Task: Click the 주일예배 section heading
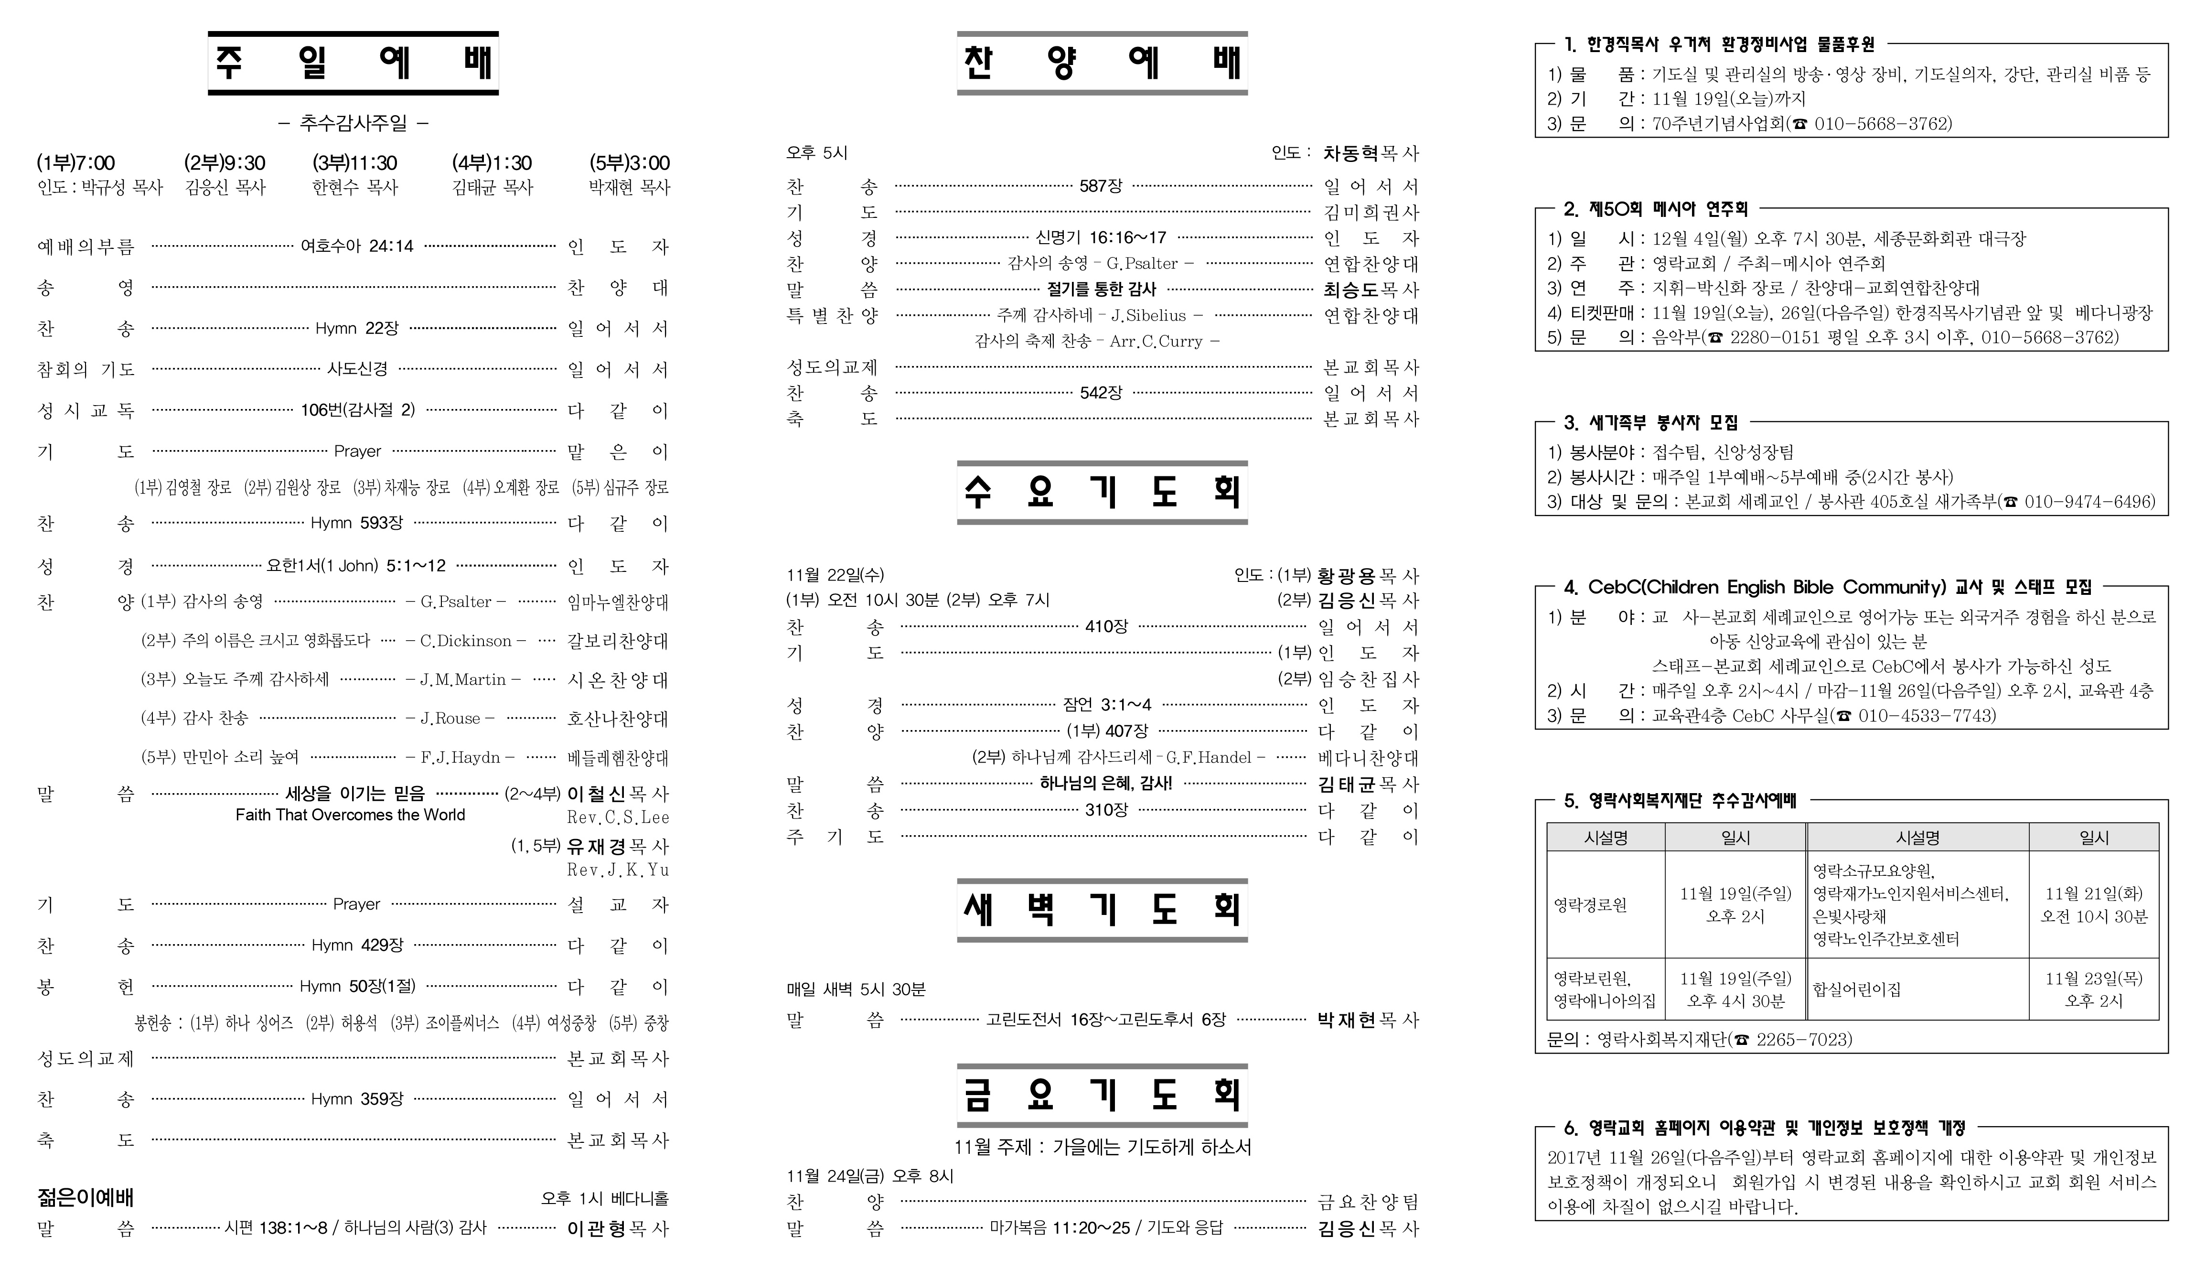[353, 63]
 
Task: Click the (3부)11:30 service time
[354, 163]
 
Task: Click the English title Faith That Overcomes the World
[350, 815]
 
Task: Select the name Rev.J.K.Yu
[618, 870]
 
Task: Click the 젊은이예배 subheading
[86, 1197]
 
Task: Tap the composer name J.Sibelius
[1148, 315]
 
